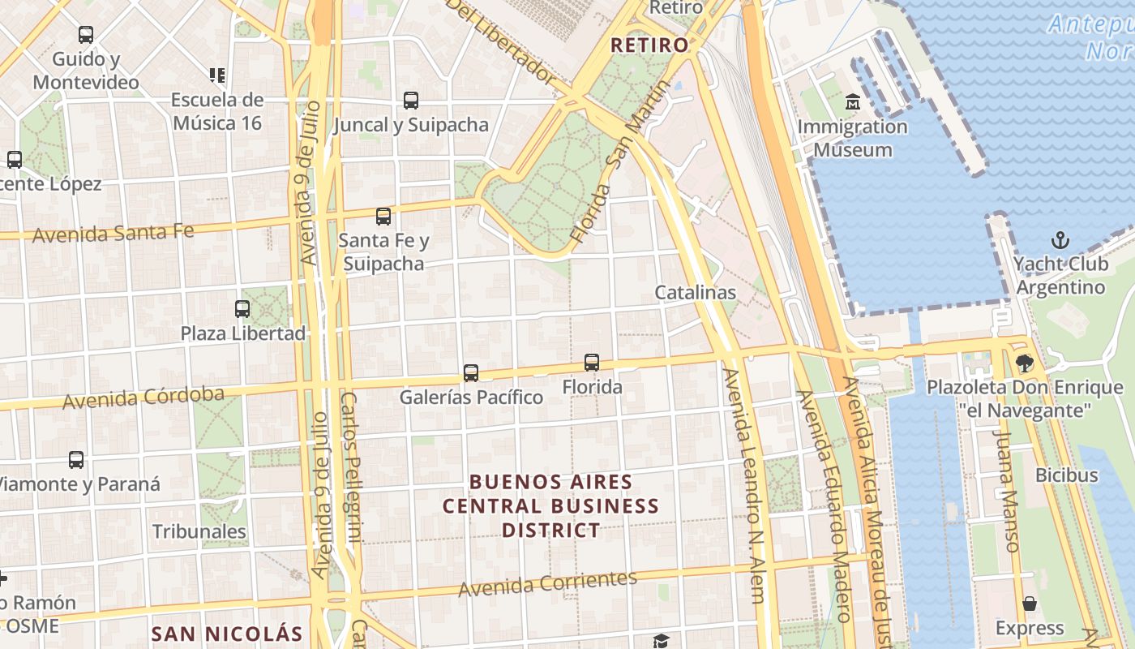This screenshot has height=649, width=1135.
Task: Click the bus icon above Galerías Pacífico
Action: coord(471,373)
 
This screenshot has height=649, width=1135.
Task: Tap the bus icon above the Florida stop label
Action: coord(592,363)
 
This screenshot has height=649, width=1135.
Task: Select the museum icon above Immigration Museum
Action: coord(852,102)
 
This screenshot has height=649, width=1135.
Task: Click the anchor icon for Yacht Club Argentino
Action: coord(1060,240)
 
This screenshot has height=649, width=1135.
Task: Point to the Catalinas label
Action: coord(695,292)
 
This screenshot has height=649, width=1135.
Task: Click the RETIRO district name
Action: coord(649,45)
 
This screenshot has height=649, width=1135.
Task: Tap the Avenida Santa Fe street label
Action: coord(113,233)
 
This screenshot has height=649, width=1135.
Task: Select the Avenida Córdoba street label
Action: coord(143,398)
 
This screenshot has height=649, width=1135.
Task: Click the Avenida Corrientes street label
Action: coord(547,583)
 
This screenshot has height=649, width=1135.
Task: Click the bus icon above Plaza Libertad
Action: coord(242,309)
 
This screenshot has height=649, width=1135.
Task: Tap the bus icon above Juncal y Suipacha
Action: coord(411,101)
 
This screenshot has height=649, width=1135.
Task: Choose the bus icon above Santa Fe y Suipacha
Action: coord(383,217)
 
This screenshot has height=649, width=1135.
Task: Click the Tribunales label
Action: coord(199,531)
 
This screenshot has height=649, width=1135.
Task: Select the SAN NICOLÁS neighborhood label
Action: coord(227,634)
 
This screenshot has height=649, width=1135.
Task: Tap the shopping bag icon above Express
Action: coord(1030,604)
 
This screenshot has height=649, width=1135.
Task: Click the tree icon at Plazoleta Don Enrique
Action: coord(1025,363)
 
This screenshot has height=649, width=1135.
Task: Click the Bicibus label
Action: coord(1066,475)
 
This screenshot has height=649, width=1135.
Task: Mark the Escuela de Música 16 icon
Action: coord(216,75)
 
